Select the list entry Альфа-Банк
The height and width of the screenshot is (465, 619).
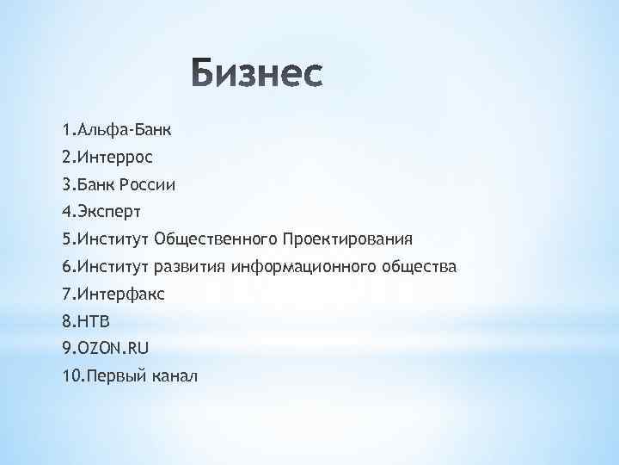click(124, 130)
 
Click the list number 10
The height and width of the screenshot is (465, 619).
click(70, 376)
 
